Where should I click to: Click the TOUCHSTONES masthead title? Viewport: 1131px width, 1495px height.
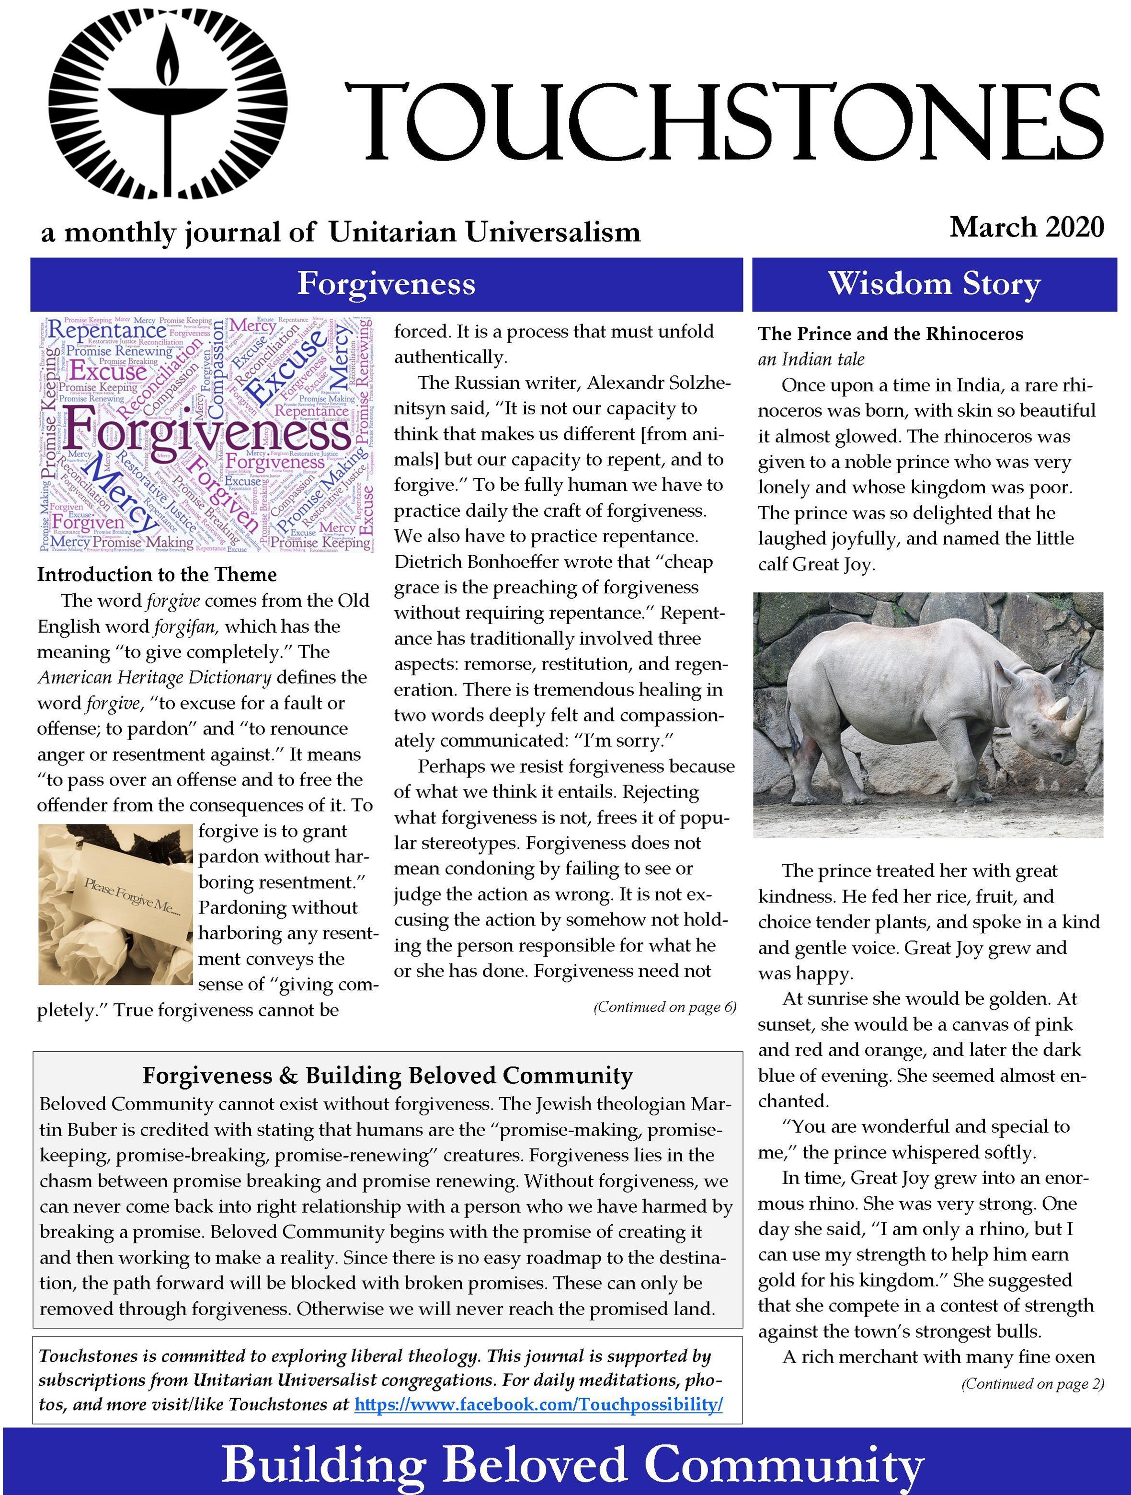(x=723, y=120)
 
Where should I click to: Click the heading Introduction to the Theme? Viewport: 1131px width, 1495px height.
(x=157, y=575)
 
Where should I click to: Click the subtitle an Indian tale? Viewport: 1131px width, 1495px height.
(x=811, y=359)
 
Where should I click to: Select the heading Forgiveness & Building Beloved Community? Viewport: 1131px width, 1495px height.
(x=387, y=1075)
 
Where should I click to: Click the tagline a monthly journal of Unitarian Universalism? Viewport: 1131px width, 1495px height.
(x=341, y=232)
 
